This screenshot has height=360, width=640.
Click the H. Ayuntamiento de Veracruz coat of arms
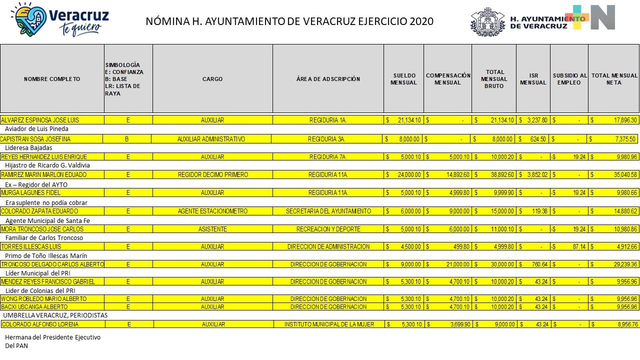point(488,22)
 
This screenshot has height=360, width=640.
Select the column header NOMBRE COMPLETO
point(52,79)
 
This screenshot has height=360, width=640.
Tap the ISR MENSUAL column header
point(533,79)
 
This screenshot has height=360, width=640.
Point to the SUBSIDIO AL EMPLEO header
point(569,79)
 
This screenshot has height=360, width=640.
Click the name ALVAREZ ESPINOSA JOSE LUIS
point(40,120)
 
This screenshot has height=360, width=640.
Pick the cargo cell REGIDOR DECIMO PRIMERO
point(212,175)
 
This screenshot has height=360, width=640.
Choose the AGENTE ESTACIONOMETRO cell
point(212,211)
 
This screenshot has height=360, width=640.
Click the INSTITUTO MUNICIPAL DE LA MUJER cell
point(328,324)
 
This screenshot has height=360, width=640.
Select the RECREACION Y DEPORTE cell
point(328,229)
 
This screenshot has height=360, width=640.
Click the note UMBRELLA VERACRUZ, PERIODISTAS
point(55,315)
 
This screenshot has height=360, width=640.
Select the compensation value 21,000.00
point(455,264)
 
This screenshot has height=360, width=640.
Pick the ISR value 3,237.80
point(537,120)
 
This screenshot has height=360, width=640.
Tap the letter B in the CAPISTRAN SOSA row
point(126,139)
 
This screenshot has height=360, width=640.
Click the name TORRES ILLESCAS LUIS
point(31,247)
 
